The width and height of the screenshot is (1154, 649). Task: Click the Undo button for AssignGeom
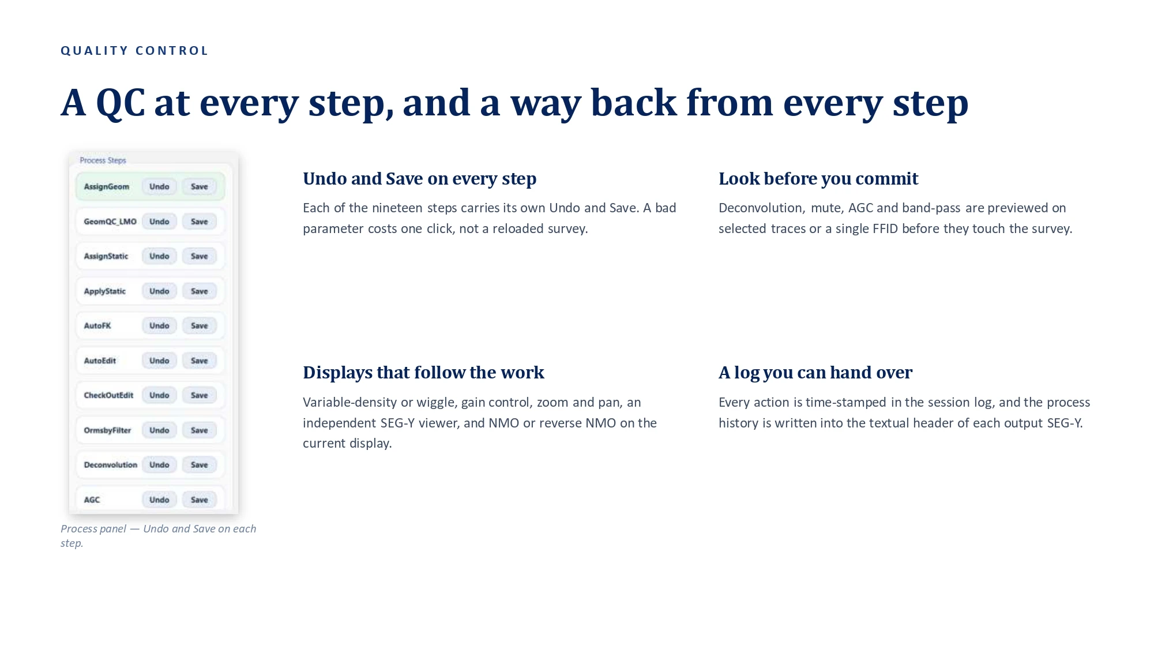[159, 187]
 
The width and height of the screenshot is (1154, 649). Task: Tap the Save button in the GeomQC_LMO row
[200, 222]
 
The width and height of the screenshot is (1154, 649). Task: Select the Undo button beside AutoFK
[159, 326]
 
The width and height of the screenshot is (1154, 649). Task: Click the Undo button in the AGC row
[159, 500]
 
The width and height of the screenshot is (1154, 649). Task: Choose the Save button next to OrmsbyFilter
[200, 430]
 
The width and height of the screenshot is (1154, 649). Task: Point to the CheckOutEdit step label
[108, 395]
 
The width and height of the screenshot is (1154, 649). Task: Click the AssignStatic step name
[106, 256]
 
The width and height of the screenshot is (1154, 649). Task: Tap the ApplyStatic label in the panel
[104, 291]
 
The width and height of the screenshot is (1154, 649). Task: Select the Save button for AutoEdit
[200, 361]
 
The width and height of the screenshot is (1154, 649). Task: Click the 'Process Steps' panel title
[103, 160]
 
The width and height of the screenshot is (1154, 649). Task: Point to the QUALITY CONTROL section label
[134, 51]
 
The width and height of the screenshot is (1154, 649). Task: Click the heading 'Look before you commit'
[818, 179]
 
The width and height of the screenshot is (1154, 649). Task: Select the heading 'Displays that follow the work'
[423, 373]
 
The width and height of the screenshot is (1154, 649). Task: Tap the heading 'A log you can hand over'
[815, 373]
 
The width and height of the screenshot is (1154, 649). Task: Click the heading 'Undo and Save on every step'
[420, 179]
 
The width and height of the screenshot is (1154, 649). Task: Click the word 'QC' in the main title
[121, 103]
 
